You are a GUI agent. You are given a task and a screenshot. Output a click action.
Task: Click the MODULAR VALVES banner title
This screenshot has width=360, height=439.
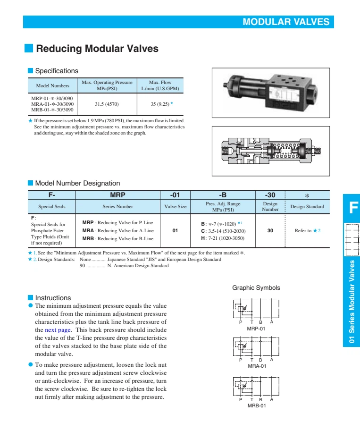tap(285, 22)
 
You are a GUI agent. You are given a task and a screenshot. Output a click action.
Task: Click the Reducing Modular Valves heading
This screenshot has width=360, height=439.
tap(97, 49)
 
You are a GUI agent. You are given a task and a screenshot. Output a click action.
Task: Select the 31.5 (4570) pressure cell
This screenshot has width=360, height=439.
tap(107, 103)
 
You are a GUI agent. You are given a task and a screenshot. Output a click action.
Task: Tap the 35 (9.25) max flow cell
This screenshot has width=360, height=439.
tap(160, 103)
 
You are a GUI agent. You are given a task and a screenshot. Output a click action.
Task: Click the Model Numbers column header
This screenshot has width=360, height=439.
tap(52, 85)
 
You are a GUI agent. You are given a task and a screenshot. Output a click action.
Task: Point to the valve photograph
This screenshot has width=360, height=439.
tap(270, 93)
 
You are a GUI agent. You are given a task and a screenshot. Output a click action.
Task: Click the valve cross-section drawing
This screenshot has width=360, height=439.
tap(270, 150)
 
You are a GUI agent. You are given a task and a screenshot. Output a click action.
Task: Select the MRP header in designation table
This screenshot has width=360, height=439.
tap(117, 194)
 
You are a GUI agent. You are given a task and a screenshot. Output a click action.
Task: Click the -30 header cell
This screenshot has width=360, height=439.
tap(270, 194)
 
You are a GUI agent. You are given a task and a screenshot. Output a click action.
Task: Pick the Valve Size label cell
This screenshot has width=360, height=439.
tap(175, 206)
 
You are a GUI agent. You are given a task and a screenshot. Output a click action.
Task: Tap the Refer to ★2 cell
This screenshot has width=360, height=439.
tap(307, 230)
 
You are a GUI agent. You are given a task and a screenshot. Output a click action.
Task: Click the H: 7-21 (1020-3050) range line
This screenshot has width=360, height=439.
tap(223, 238)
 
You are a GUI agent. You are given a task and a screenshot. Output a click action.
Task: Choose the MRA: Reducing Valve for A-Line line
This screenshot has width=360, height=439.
tap(118, 230)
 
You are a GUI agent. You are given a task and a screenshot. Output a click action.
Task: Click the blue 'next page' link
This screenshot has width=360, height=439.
tap(58, 330)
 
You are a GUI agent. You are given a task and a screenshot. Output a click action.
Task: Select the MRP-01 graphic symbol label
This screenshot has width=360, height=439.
tap(256, 329)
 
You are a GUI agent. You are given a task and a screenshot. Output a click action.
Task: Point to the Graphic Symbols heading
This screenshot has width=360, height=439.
tap(256, 288)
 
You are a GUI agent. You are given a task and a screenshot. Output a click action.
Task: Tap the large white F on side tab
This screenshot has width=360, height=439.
tap(352, 208)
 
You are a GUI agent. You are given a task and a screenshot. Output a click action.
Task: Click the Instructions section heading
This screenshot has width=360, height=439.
tap(53, 298)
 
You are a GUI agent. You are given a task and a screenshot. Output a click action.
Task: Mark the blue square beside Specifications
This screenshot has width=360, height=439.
tap(30, 71)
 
